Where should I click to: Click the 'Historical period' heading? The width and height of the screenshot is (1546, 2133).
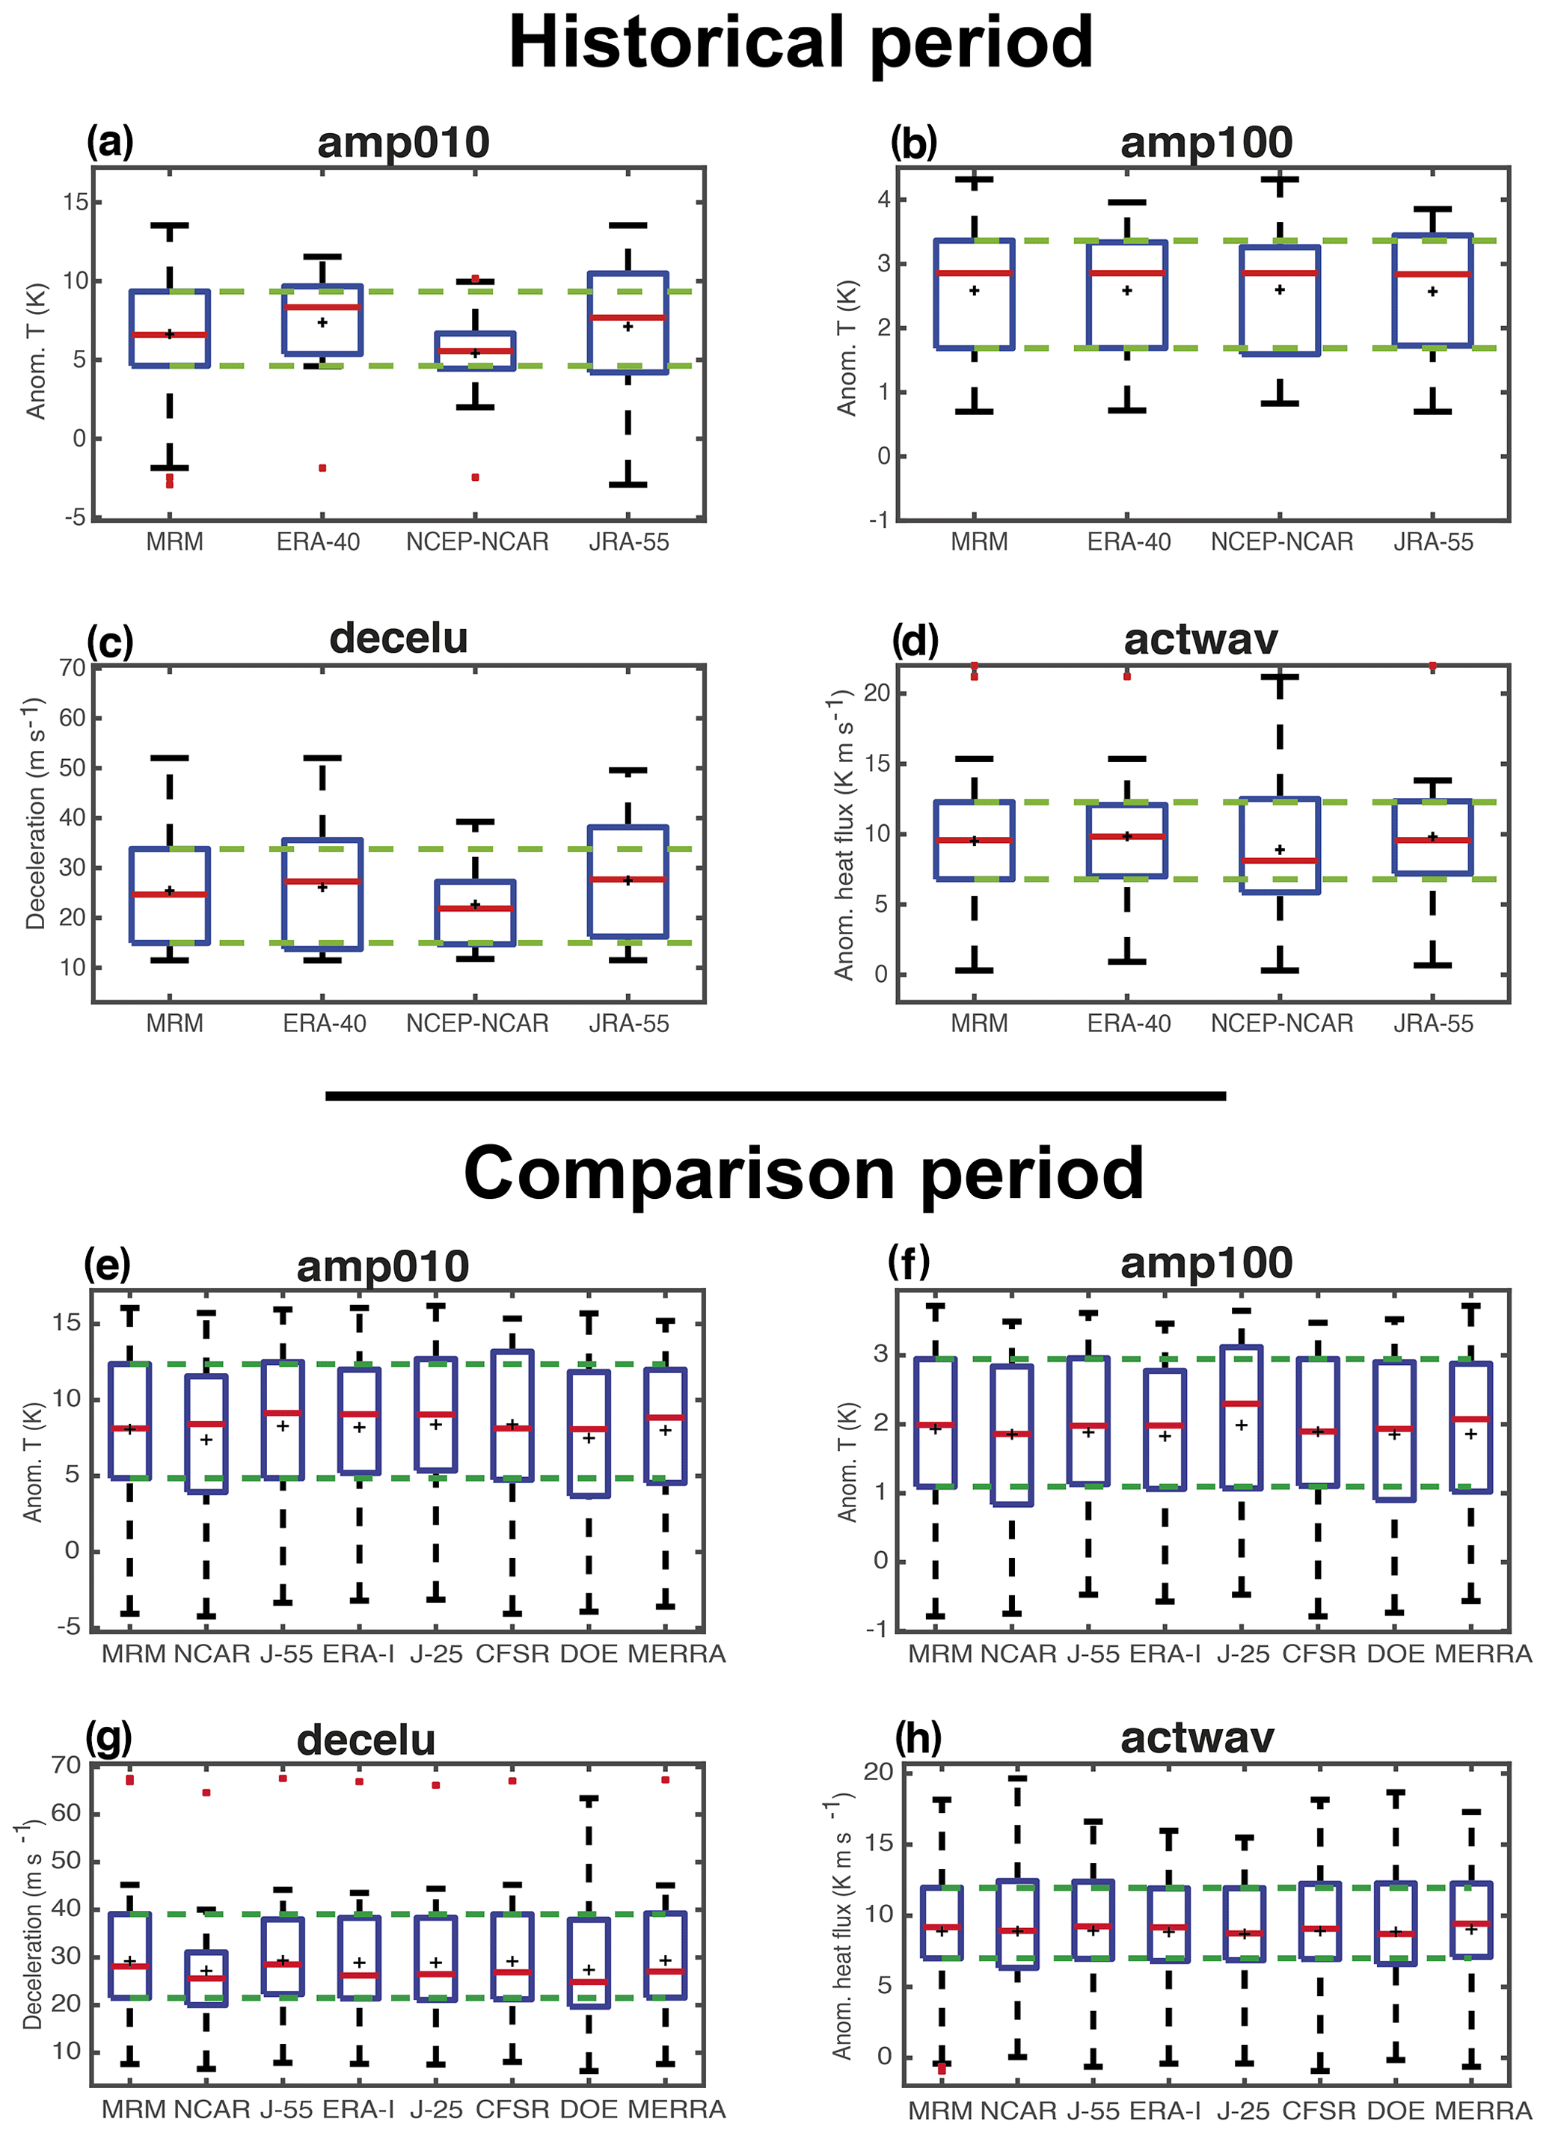(x=800, y=43)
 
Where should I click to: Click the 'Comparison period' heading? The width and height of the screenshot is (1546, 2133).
(x=803, y=1173)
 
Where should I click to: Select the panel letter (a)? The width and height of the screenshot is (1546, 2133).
(x=110, y=142)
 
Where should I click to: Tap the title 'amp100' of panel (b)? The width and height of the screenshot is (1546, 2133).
(x=1206, y=142)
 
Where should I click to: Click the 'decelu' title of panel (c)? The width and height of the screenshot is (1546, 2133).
(x=399, y=638)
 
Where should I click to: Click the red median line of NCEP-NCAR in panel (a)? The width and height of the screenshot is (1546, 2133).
(x=475, y=351)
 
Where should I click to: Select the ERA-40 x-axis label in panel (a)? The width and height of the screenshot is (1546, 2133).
(x=318, y=541)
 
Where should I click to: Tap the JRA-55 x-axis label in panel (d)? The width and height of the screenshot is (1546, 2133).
(x=1433, y=1023)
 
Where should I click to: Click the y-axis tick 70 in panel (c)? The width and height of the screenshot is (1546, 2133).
(x=73, y=668)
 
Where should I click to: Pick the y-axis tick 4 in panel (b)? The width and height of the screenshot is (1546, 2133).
(x=883, y=200)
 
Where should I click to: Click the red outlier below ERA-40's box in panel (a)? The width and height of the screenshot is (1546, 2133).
(x=322, y=467)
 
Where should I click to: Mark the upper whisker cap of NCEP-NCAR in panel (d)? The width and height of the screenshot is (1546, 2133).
(x=1280, y=676)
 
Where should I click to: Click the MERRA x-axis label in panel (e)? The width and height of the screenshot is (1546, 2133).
(x=676, y=1654)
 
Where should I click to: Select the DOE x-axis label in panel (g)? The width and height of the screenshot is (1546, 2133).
(x=589, y=2110)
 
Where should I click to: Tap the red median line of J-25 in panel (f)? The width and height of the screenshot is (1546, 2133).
(x=1242, y=1403)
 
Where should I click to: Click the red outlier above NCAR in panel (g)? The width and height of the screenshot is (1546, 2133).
(x=206, y=1793)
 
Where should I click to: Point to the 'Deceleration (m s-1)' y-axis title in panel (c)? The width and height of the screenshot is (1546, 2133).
(x=35, y=814)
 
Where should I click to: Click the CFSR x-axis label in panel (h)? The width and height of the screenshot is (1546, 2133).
(x=1319, y=2111)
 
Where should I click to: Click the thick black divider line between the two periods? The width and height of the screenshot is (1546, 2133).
(x=775, y=1096)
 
